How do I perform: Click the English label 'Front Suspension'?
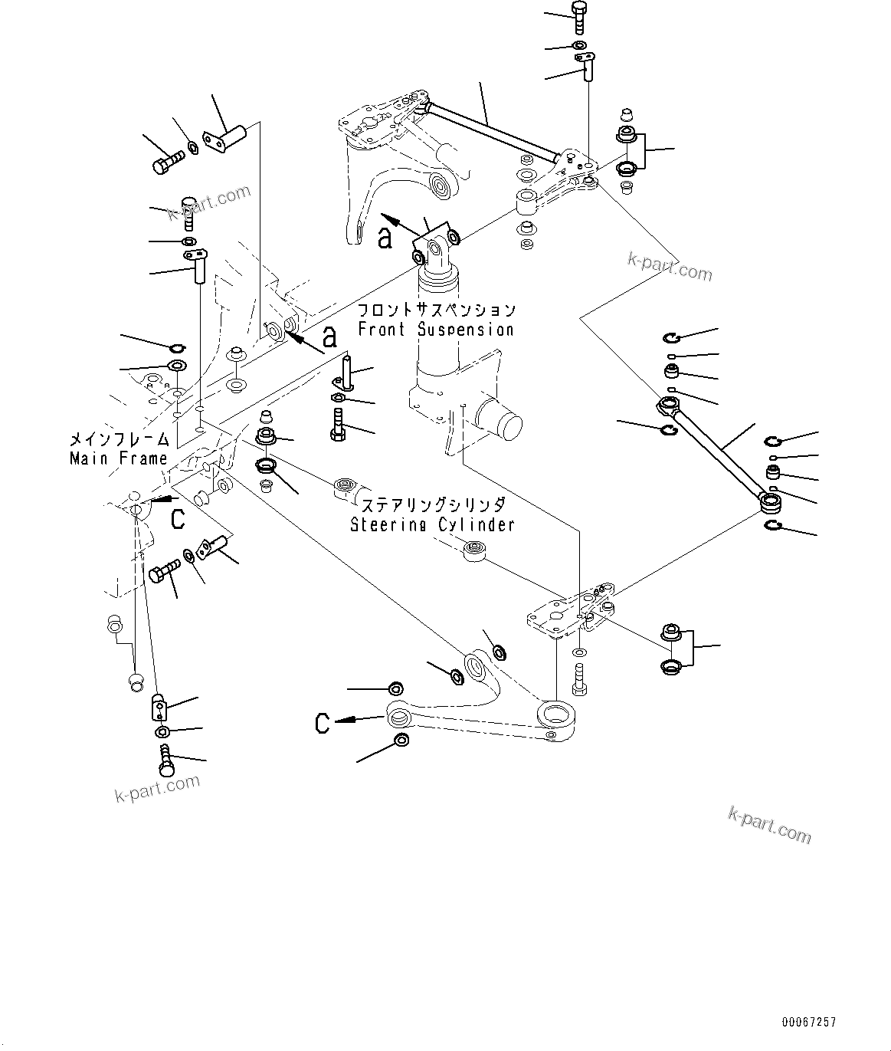click(436, 330)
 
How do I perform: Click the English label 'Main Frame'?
click(118, 458)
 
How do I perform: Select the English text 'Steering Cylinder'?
click(432, 525)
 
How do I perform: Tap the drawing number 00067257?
click(809, 1022)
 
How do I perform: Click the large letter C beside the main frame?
click(177, 519)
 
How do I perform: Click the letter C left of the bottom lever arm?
click(323, 722)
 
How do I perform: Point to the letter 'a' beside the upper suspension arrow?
click(385, 237)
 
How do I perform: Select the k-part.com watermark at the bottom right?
click(769, 823)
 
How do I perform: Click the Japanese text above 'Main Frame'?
click(118, 440)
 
